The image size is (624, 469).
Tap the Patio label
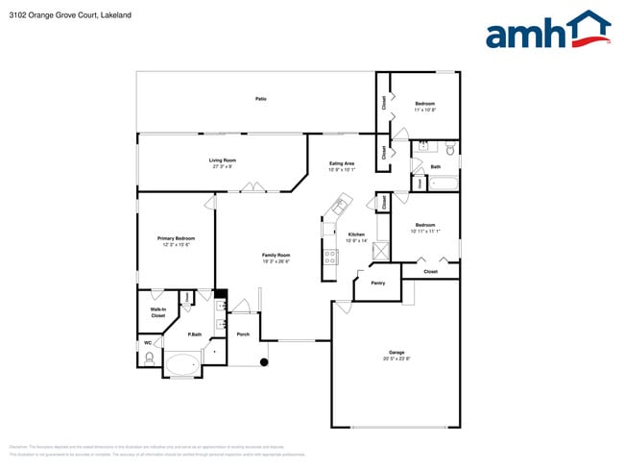[x=260, y=99]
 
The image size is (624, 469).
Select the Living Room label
[x=223, y=160]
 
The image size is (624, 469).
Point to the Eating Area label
[x=342, y=163]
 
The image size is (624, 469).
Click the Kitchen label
[x=356, y=234]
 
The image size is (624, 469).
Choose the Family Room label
[x=276, y=255]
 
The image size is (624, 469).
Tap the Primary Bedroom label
[x=177, y=237]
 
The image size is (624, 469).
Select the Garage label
[x=396, y=352]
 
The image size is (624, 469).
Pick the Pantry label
[x=378, y=283]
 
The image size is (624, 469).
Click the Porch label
[x=243, y=333]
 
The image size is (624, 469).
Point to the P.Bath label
[x=194, y=333]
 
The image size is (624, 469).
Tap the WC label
[x=148, y=342]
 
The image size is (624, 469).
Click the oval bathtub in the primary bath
[x=182, y=364]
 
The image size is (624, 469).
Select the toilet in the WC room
[x=149, y=358]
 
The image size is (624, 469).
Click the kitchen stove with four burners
[x=330, y=257]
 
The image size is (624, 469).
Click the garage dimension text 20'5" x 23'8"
[x=396, y=358]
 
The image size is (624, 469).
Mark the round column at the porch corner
[x=263, y=362]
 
